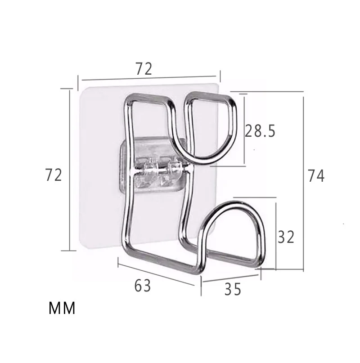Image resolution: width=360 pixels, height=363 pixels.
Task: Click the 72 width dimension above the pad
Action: point(144,69)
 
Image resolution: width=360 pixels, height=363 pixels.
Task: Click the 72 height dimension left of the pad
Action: point(54,175)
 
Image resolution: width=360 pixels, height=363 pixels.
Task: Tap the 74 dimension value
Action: point(316,176)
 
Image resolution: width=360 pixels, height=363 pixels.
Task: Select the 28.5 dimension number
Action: point(260,131)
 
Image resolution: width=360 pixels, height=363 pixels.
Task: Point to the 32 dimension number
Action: point(286,237)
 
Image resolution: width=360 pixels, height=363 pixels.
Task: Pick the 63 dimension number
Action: point(143,286)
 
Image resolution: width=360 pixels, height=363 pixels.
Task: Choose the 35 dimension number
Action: point(233,289)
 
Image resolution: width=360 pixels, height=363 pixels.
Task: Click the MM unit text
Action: point(62,308)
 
